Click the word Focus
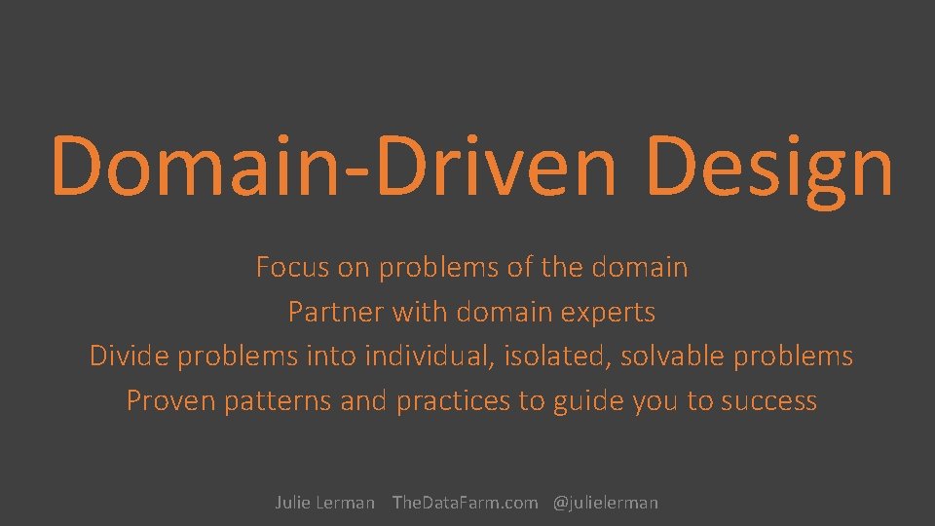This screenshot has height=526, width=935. pos(288,267)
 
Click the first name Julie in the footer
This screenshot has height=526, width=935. pos(292,503)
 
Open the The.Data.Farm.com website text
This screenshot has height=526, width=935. pos(465,503)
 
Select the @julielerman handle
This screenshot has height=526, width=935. pos(606,503)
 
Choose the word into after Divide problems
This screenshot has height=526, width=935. pos(331,357)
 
